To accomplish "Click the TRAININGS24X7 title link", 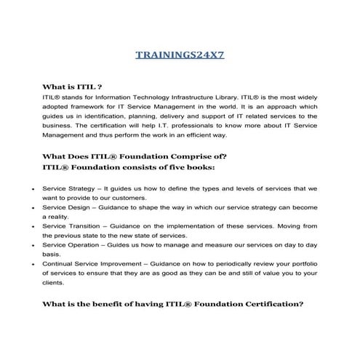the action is coord(180,55).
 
